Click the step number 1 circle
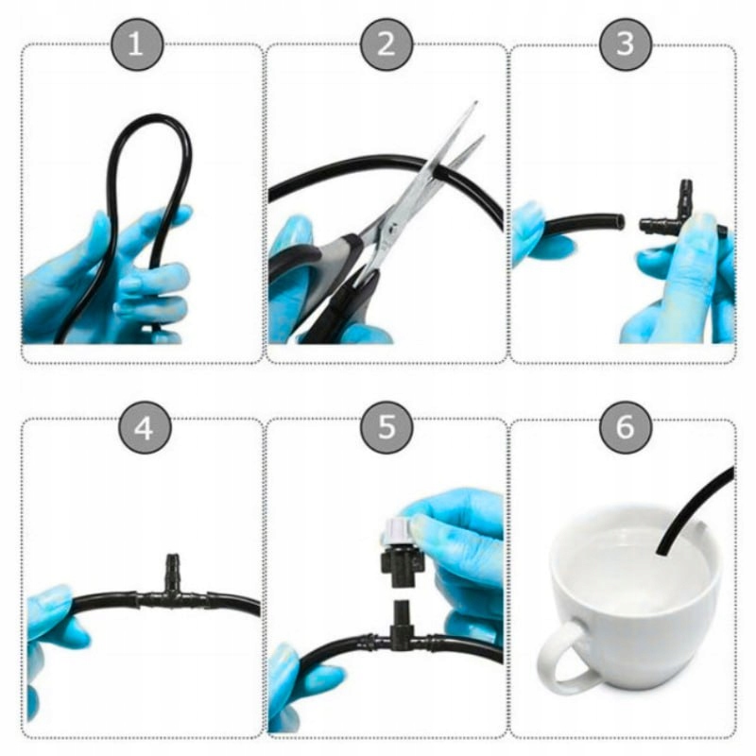(x=137, y=43)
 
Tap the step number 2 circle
(x=387, y=43)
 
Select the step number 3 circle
(x=626, y=43)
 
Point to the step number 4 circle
(x=145, y=427)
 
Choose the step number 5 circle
(x=387, y=427)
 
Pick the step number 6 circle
(x=626, y=427)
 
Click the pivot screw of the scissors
(x=394, y=227)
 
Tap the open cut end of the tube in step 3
(x=621, y=222)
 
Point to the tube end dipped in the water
(x=660, y=550)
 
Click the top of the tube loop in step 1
(x=153, y=118)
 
